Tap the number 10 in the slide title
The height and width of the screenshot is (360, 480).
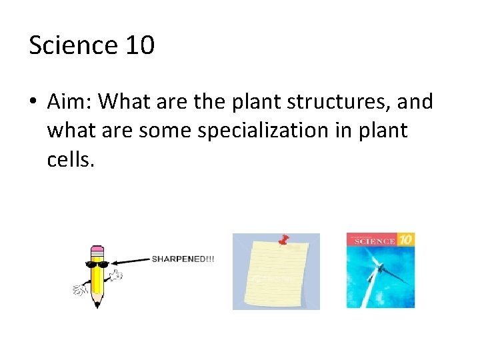139,45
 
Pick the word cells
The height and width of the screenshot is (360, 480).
71,159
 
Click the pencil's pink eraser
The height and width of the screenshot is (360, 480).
97,251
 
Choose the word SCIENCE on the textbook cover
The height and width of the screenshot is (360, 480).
374,241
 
